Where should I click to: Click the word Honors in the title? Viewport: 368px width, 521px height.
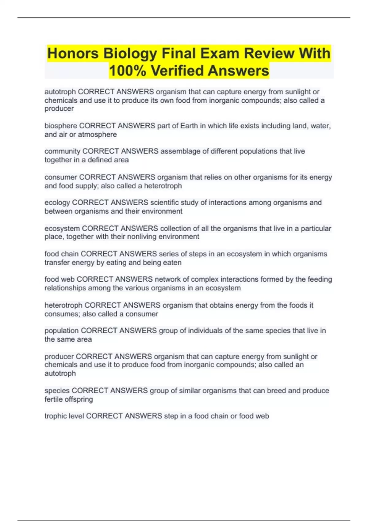(x=73, y=54)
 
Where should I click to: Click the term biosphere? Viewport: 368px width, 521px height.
(x=61, y=126)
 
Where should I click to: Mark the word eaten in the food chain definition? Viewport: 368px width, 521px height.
(x=172, y=263)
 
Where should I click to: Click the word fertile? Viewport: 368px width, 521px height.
(x=53, y=399)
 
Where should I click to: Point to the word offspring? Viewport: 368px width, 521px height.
(x=78, y=399)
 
